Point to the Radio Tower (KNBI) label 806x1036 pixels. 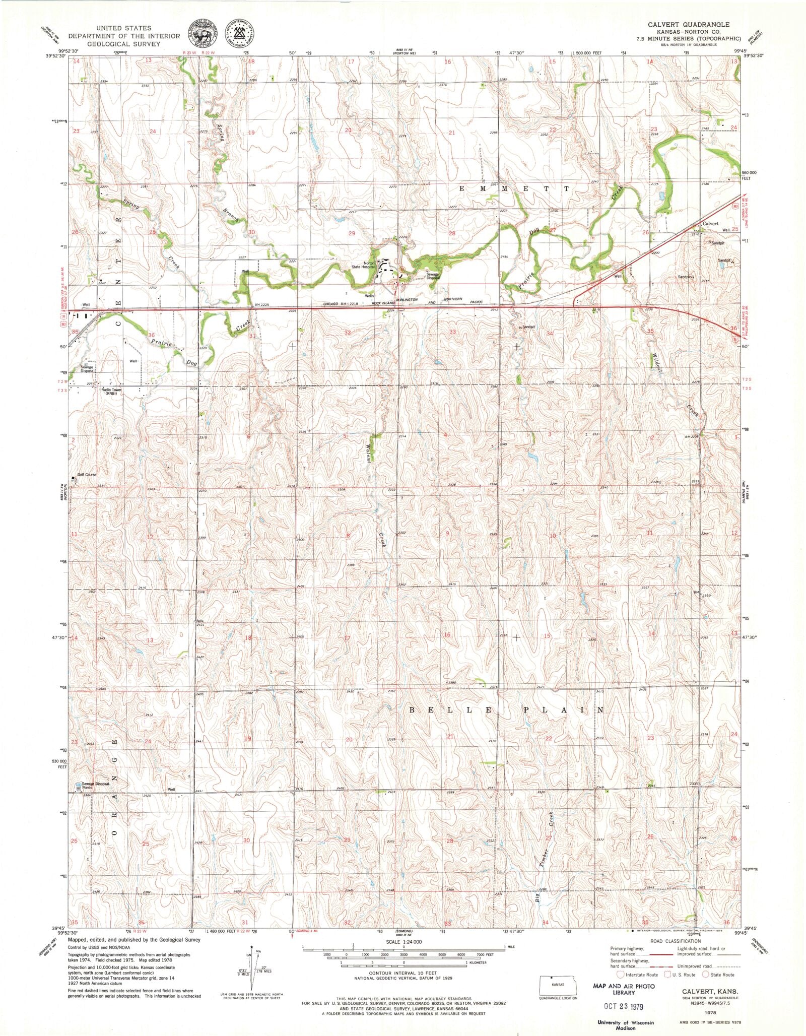coord(109,391)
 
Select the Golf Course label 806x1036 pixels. coord(86,475)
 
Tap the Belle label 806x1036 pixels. coord(200,620)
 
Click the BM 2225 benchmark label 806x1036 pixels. coord(264,304)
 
